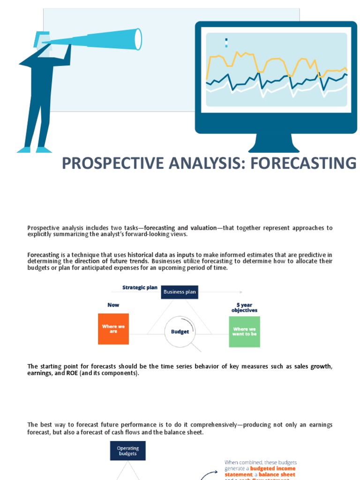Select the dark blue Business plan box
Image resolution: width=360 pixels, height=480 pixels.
click(x=180, y=292)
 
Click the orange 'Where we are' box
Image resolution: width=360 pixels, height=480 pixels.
click(x=113, y=329)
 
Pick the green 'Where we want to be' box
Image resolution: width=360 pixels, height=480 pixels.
click(x=244, y=331)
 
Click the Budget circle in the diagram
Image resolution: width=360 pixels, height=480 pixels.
click(x=180, y=331)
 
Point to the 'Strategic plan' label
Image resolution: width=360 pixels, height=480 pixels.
click(x=140, y=287)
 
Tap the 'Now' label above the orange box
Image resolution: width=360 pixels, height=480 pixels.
click(x=113, y=305)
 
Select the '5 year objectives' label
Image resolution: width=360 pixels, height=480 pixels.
click(x=244, y=307)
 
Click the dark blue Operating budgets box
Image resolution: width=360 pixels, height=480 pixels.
click(x=127, y=451)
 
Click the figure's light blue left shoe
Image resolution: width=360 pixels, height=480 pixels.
click(x=24, y=150)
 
